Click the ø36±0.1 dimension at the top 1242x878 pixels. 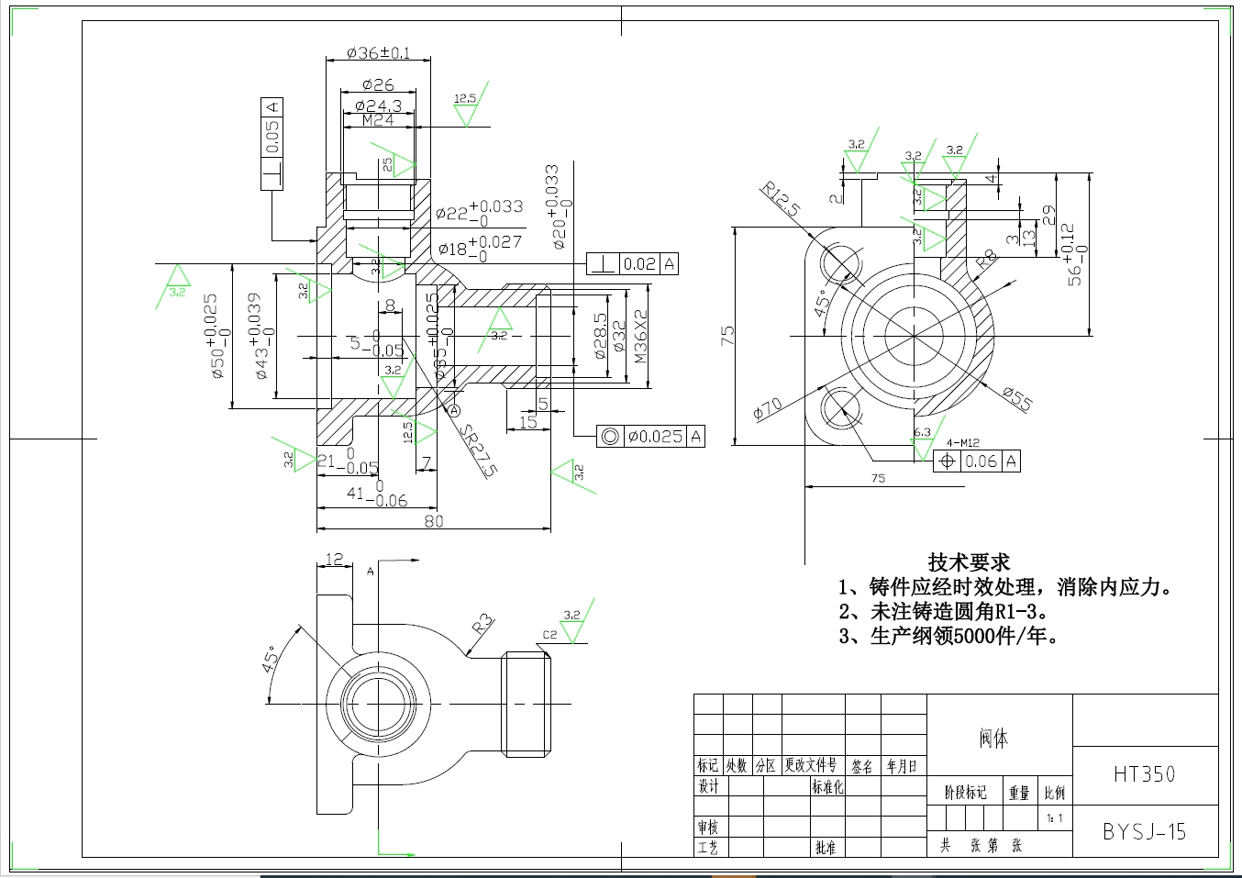(x=378, y=53)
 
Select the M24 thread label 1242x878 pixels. (x=377, y=120)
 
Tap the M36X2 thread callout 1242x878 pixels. (x=640, y=336)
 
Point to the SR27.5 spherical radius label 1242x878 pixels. (x=479, y=450)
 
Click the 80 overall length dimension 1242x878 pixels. (x=434, y=521)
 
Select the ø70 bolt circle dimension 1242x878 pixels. (x=768, y=408)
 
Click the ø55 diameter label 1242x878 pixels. (x=1017, y=398)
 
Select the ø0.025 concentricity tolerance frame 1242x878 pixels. (x=650, y=437)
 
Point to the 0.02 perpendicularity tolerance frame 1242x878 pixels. (x=633, y=264)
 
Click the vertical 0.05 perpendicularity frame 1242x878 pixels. (x=272, y=144)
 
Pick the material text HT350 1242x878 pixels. (x=1144, y=774)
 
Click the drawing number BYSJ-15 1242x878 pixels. (x=1144, y=832)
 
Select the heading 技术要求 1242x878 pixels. (x=969, y=562)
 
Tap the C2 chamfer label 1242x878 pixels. (x=549, y=635)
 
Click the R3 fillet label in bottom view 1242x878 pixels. (x=482, y=626)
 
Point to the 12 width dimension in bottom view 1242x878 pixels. (x=335, y=559)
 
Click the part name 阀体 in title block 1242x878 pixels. (x=993, y=739)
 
